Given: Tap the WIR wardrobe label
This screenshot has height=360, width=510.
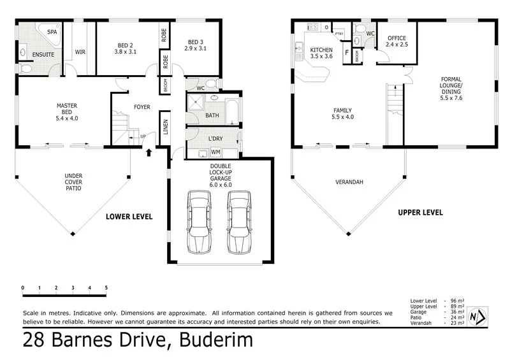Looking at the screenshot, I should click(x=81, y=52).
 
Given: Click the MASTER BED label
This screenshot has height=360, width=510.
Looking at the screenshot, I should click(x=67, y=110).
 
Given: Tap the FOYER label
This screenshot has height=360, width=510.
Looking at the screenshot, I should click(x=142, y=107).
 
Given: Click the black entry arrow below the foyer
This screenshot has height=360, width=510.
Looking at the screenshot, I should click(x=149, y=152).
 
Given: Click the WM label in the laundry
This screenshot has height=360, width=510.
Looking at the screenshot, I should click(x=215, y=152).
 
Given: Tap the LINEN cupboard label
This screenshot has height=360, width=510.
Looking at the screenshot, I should click(x=166, y=128).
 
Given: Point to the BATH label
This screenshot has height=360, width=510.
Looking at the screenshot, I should click(x=212, y=115).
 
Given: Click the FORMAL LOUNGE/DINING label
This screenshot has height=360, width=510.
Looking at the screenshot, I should click(x=451, y=89).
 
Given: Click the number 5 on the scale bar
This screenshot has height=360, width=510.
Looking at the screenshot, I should click(x=106, y=287).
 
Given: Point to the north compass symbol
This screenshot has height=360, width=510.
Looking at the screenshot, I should click(x=477, y=316).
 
